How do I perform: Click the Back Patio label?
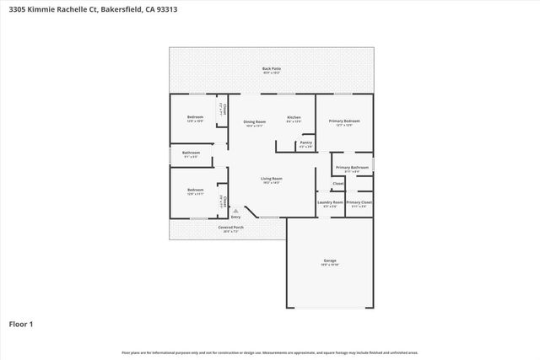click(x=272, y=68)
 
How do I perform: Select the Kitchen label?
click(x=294, y=117)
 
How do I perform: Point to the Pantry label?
click(x=305, y=143)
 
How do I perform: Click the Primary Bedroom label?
click(x=344, y=121)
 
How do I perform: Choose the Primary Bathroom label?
click(x=352, y=168)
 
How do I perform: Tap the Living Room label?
click(x=271, y=179)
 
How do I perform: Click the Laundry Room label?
click(x=330, y=202)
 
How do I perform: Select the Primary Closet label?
click(x=359, y=202)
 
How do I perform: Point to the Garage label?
click(x=330, y=261)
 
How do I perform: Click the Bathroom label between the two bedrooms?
click(x=191, y=153)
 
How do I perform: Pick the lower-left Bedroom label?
click(x=195, y=191)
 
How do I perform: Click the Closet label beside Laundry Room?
click(x=337, y=183)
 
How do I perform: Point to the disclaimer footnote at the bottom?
click(x=270, y=352)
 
